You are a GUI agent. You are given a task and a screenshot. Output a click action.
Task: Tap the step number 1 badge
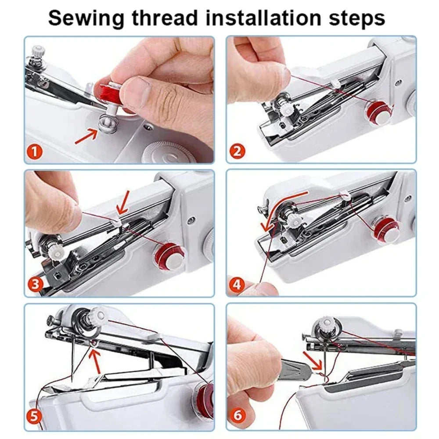(35, 152)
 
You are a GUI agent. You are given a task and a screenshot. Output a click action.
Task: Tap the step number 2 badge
(237, 152)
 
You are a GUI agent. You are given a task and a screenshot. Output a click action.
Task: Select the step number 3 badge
(35, 284)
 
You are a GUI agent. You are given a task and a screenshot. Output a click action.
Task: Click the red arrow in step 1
(86, 136)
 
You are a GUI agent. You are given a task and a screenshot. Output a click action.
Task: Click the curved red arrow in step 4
(281, 206)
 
